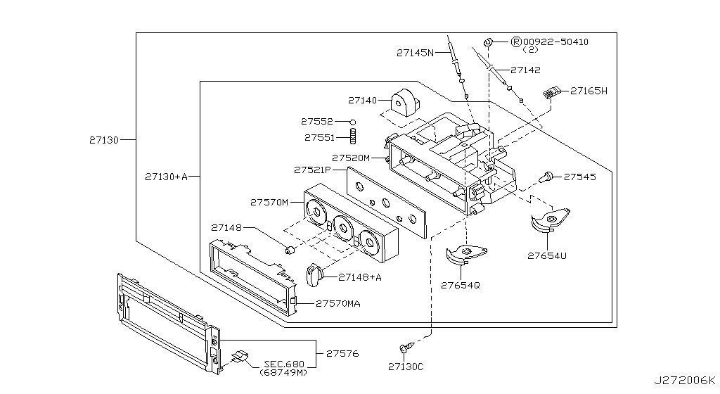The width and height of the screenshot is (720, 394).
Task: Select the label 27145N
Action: [x=415, y=52]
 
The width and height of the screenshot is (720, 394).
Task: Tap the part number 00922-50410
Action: [x=555, y=42]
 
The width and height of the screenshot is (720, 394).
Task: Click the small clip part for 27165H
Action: [x=553, y=91]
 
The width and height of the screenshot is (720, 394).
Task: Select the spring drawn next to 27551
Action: [x=355, y=137]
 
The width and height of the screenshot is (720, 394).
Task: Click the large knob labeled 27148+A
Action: [x=315, y=276]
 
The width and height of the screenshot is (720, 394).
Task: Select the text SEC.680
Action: [x=285, y=364]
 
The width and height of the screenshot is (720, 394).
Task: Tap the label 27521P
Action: [x=312, y=170]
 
